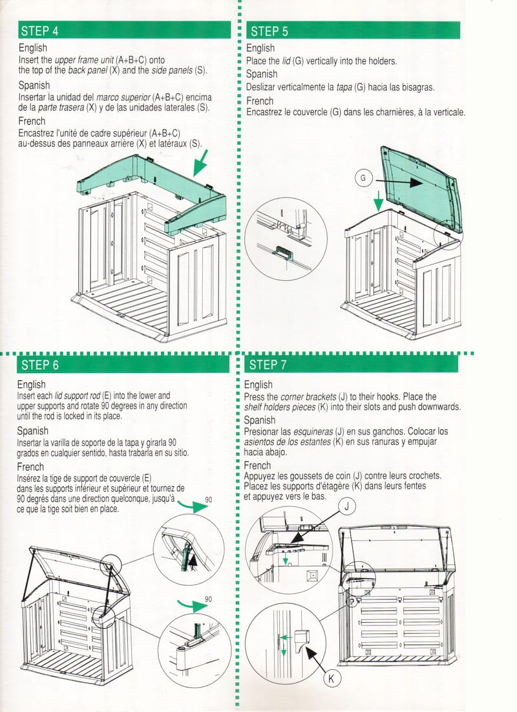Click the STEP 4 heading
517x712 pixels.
pos(39,31)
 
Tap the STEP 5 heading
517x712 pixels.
pos(269,31)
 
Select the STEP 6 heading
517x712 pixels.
pos(40,365)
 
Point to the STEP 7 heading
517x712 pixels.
pos(268,365)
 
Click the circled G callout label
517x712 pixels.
pos(363,178)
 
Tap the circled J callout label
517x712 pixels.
pos(347,506)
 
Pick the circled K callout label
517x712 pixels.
pos(332,678)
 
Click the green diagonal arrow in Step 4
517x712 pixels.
pos(200,162)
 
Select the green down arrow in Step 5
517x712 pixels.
pos(378,200)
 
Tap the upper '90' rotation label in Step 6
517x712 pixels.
pos(208,499)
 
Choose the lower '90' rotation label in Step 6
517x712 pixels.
pos(208,599)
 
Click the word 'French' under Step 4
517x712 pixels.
pos(32,121)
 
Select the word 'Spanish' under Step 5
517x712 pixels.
pos(262,74)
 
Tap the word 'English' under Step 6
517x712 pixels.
pos(31,385)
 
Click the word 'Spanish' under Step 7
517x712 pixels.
pos(260,420)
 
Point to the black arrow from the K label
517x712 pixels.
pos(317,659)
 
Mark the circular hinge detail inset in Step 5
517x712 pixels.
pos(286,239)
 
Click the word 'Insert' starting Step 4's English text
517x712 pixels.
pos(26,60)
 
